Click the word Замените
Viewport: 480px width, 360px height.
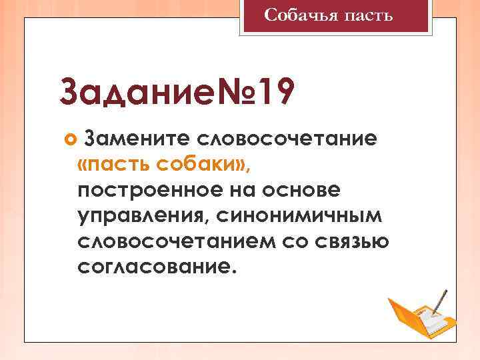(x=137, y=139)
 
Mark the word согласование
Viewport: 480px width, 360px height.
(x=156, y=267)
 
